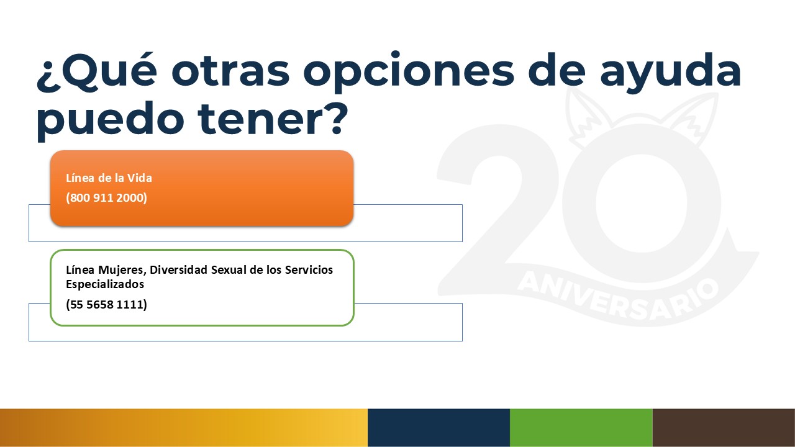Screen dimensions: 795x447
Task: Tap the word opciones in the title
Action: tap(409, 73)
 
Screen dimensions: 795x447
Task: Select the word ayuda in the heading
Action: tap(670, 73)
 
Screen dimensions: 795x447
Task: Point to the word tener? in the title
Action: tap(273, 119)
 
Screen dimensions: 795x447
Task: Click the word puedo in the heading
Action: tap(110, 121)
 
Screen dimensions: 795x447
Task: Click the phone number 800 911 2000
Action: tap(106, 197)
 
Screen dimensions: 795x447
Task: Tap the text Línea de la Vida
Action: tap(109, 178)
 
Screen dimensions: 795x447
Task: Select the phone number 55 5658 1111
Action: tap(106, 304)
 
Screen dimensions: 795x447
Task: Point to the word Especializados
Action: tap(105, 284)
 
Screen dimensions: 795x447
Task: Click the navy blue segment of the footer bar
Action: tap(438, 428)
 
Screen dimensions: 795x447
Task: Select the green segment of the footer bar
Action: tap(581, 428)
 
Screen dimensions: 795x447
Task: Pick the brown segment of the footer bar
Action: tap(724, 428)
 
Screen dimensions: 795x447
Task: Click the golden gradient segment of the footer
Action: tap(184, 428)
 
